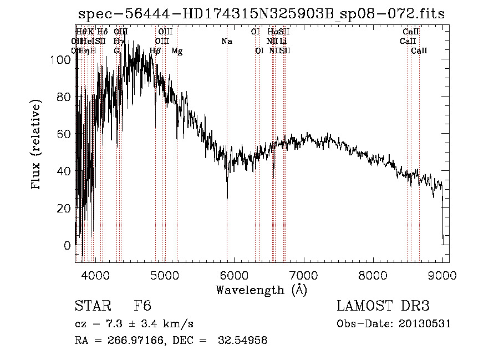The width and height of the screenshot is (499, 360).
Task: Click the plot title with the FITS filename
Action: point(261,14)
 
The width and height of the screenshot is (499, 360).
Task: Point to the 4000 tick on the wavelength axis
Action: point(95,275)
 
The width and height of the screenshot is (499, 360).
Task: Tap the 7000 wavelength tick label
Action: point(303,275)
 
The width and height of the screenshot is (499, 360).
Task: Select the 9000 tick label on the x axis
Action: point(442,275)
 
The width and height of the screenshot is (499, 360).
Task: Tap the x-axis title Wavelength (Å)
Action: point(261,290)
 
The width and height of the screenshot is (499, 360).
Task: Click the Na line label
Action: point(226,41)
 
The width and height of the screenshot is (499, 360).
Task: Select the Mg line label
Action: point(176,51)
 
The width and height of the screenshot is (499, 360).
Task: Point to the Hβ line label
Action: point(156,51)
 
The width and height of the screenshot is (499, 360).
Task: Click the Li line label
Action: point(283,41)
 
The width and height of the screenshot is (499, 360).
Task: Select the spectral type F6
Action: point(142,307)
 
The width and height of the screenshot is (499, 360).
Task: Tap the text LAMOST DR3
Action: point(383,307)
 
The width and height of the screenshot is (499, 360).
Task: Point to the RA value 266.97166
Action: point(131,341)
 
